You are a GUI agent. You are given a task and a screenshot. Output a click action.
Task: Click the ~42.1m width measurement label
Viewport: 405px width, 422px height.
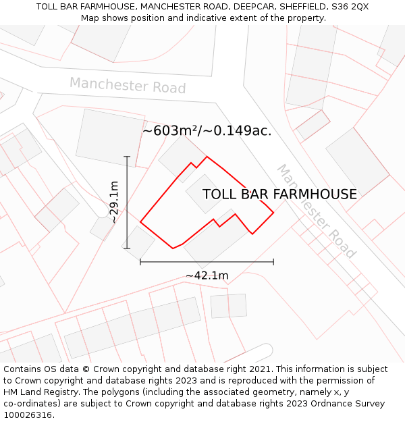pos(207,275)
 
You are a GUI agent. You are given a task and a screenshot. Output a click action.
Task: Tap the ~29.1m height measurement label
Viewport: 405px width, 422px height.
pos(114,202)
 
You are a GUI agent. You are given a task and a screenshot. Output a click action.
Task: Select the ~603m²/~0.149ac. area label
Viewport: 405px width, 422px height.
pos(207,131)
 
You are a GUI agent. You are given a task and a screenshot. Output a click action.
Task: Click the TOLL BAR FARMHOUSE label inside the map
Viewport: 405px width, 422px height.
pos(279,194)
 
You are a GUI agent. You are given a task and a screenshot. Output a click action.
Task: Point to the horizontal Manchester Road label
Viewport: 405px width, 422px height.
pos(127,86)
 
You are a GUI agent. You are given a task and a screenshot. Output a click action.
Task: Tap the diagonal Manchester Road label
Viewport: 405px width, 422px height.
pos(315,211)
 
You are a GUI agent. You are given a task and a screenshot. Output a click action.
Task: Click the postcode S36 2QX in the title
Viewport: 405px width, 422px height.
pos(349,7)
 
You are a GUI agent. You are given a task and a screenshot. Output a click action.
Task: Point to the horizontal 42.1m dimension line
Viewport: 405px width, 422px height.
pos(207,261)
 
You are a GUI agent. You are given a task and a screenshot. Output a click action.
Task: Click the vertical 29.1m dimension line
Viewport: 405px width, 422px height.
pos(127,203)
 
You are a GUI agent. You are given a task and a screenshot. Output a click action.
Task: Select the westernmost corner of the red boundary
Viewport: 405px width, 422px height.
pos(140,221)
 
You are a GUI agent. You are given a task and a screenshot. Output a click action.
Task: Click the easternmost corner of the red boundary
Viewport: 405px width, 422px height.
pos(273,213)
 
